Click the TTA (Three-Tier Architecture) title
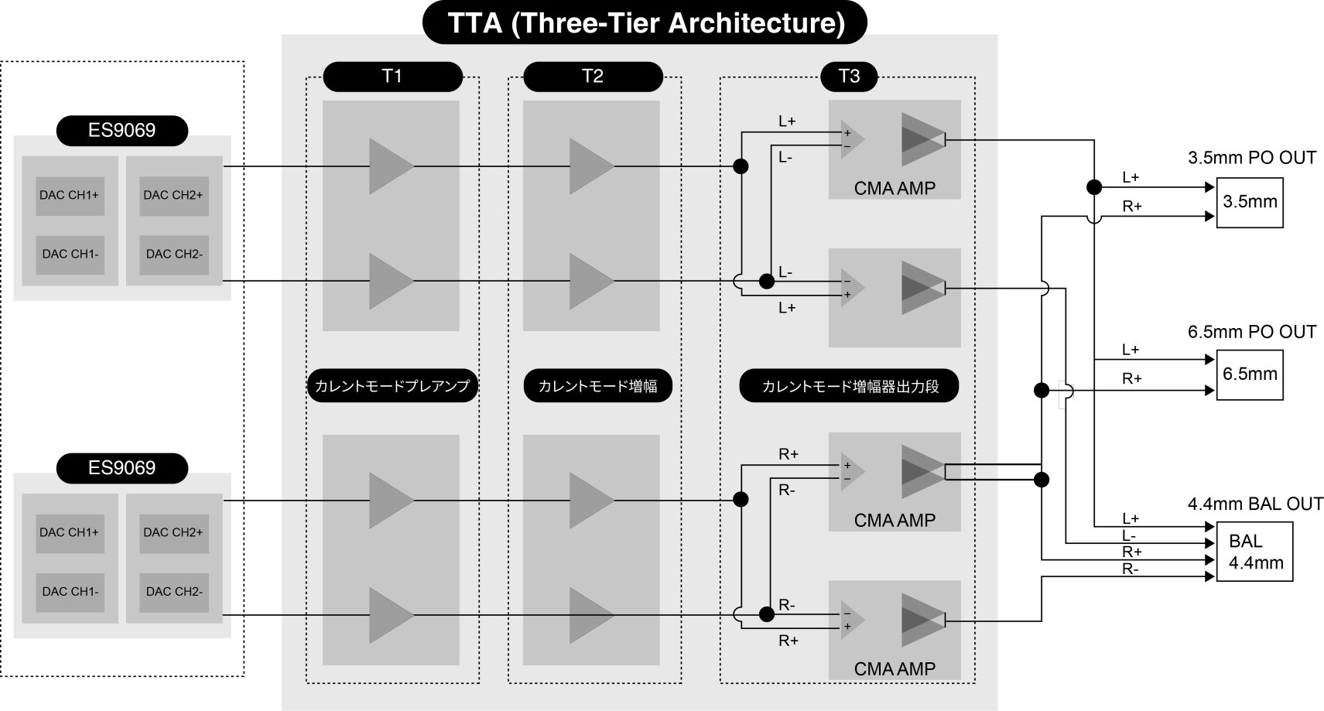click(645, 22)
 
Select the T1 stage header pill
click(392, 76)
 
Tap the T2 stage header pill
click(593, 76)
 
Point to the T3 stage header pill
click(849, 76)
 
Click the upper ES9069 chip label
click(121, 130)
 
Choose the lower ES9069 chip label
click(121, 467)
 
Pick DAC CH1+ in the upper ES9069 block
click(70, 195)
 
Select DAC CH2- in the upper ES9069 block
click(174, 254)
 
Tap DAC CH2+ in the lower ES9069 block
click(173, 532)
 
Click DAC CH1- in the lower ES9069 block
click(70, 591)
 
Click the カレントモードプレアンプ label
click(392, 385)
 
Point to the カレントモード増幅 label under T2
click(597, 385)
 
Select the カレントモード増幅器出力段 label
click(850, 386)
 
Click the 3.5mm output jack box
click(1250, 202)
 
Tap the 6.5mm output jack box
click(1250, 374)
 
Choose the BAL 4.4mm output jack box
click(1254, 552)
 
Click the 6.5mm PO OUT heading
click(1251, 332)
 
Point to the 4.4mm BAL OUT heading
click(1254, 504)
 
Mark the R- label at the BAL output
click(1131, 569)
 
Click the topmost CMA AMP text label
click(895, 188)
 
